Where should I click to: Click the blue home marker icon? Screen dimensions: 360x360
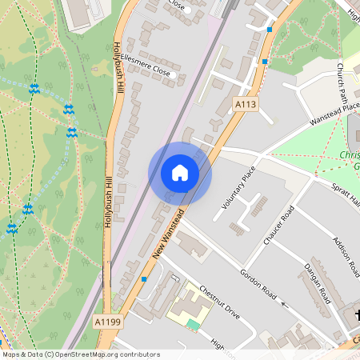pos(180,173)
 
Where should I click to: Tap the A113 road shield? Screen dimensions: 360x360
pos(245,104)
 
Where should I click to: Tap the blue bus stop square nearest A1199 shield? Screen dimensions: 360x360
pos(144,278)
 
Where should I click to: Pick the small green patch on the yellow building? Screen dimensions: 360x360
pos(194,324)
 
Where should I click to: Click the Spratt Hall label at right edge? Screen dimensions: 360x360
pos(347,189)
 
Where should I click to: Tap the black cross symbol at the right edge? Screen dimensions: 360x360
pos(357,315)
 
